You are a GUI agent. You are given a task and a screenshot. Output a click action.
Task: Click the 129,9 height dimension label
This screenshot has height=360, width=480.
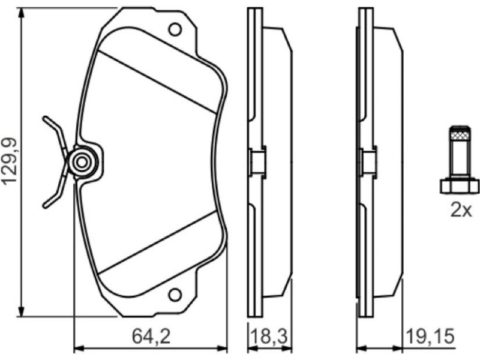(x=9, y=161)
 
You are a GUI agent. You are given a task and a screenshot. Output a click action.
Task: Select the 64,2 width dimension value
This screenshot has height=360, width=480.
(x=151, y=336)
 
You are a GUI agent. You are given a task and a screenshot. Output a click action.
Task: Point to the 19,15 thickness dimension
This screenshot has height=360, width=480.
(x=430, y=336)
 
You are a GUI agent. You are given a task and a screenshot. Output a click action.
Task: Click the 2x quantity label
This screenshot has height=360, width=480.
(x=461, y=210)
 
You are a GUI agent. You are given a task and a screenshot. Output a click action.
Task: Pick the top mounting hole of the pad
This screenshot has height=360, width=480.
(x=175, y=29)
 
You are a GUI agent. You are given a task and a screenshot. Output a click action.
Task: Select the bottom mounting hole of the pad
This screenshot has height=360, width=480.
(x=175, y=295)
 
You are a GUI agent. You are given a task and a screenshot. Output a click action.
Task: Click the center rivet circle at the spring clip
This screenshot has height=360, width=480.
(x=82, y=162)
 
